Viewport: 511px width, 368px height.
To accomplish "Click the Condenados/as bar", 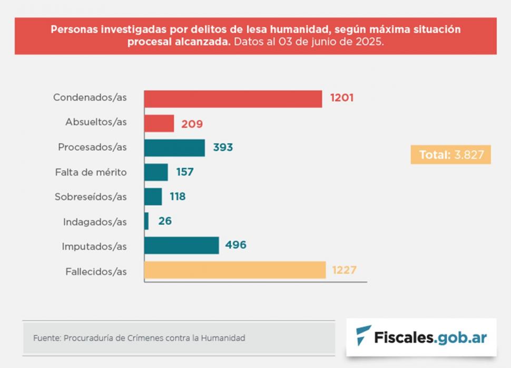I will pyautogui.click(x=233, y=99).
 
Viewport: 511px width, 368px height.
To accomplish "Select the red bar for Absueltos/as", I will pyautogui.click(x=159, y=124).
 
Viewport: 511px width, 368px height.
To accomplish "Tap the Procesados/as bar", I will pyautogui.click(x=174, y=148).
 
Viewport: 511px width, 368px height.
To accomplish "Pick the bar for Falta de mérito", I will pyautogui.click(x=156, y=172).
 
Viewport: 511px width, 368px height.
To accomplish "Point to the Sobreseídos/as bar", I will pyautogui.click(x=153, y=197).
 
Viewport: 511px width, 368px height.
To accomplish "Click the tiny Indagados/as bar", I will pyautogui.click(x=146, y=221).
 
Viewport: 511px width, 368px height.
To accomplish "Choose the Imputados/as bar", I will pyautogui.click(x=181, y=246).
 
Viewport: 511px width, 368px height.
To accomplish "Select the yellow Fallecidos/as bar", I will pyautogui.click(x=235, y=270).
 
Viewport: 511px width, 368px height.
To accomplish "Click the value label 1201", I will pyautogui.click(x=341, y=98).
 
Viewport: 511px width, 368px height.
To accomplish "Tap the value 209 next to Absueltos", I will pyautogui.click(x=192, y=124).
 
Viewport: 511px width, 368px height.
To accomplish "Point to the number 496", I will pyautogui.click(x=235, y=245).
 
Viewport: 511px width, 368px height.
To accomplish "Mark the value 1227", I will pyautogui.click(x=345, y=270).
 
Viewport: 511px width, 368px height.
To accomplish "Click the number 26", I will pyautogui.click(x=165, y=221).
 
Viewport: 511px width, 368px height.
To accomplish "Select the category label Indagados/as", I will pyautogui.click(x=95, y=222).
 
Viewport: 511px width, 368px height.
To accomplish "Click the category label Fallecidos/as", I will pyautogui.click(x=96, y=272).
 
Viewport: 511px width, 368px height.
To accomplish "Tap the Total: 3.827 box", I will pyautogui.click(x=450, y=155).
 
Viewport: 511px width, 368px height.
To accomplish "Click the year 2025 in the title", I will pyautogui.click(x=368, y=42).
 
